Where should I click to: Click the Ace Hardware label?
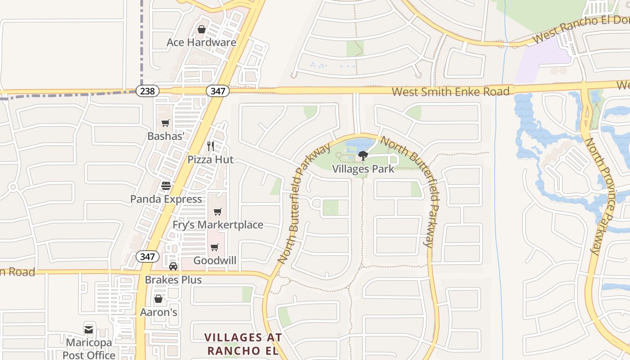coord(201,42)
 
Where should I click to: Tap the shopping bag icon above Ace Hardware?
coord(201,29)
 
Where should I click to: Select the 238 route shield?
coord(147,91)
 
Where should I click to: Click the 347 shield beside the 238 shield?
coord(218,91)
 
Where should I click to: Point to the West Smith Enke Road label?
coord(450,92)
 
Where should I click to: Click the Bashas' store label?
coord(166,136)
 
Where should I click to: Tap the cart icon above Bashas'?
coord(166,123)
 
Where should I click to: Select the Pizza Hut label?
coord(211,159)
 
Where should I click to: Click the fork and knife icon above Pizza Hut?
coord(210,146)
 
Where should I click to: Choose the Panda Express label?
coord(166,199)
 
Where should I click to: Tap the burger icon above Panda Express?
coord(166,185)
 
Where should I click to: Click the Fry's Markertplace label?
coord(218,225)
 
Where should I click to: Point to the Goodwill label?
coord(215,261)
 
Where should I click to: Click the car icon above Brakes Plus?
coord(173,266)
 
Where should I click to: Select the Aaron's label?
coord(158,312)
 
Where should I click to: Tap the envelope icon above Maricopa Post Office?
coord(89,330)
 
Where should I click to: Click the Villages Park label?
coord(363,169)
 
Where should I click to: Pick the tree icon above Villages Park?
coord(363,156)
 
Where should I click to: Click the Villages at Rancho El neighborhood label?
coord(243,344)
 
